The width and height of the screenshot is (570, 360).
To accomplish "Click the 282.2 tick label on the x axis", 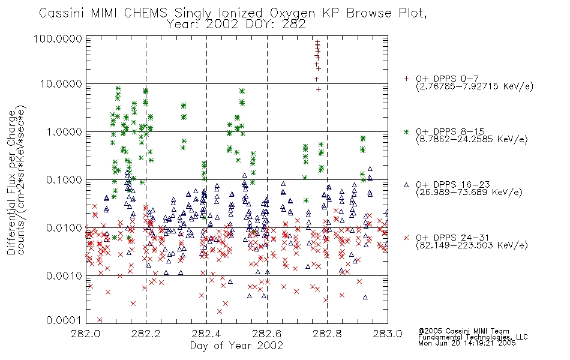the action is (x=146, y=334).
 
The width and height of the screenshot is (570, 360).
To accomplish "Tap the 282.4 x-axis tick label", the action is (x=206, y=334).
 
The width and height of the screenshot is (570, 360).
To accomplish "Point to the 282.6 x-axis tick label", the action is (x=267, y=334).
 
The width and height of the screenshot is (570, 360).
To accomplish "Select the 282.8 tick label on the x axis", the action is (x=327, y=334).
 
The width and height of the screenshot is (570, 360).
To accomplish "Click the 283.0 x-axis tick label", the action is (x=388, y=334).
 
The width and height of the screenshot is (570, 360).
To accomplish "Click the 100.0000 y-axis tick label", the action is (x=58, y=38).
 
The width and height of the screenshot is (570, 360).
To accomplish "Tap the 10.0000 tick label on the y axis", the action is (x=61, y=84).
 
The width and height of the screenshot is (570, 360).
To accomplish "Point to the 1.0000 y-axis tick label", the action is (x=64, y=131).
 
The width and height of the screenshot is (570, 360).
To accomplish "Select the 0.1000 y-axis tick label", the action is (x=64, y=179).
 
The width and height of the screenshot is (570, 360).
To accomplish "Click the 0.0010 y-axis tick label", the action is (x=64, y=275).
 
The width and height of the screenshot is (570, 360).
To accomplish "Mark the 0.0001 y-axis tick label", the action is (x=64, y=320).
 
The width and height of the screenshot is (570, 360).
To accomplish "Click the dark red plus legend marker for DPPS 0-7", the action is (x=406, y=79).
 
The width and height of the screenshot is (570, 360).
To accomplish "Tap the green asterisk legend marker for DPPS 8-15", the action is (x=406, y=131).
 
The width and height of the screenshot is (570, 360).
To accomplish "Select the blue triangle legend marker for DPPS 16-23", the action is (x=406, y=185).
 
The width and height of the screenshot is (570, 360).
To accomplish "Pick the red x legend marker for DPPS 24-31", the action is (x=406, y=238).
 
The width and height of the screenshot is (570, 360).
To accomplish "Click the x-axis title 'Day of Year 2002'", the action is (x=236, y=346).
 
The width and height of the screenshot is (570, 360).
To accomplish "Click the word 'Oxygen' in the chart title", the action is (x=293, y=13).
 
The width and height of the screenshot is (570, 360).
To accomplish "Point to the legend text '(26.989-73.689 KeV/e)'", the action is (x=469, y=192).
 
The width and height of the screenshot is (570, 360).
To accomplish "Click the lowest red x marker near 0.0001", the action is (x=99, y=320).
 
